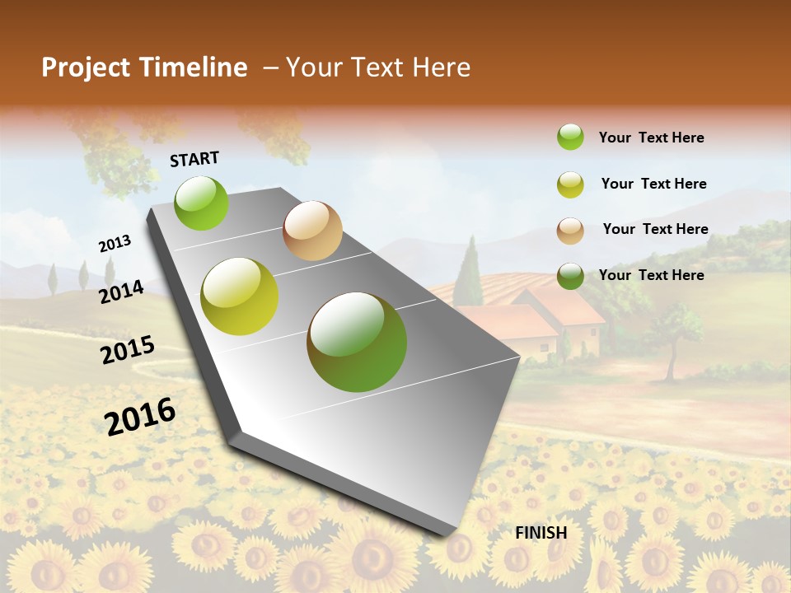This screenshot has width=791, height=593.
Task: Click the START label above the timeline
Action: (x=194, y=159)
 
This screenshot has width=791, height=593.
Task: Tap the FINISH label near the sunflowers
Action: (x=541, y=533)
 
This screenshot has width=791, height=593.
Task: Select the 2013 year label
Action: (x=115, y=243)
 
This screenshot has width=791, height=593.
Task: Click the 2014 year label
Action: (x=122, y=292)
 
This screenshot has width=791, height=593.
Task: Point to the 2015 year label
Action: (x=128, y=349)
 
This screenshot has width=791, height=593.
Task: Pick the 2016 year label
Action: (x=140, y=416)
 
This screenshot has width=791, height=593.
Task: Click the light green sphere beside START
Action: (x=202, y=203)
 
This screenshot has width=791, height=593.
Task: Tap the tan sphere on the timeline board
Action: (x=312, y=231)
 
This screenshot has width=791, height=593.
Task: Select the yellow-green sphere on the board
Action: (x=240, y=296)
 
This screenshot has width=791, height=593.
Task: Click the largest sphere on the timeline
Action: (x=357, y=342)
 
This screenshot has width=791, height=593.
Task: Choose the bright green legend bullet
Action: (x=570, y=137)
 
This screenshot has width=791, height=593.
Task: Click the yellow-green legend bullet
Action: (x=570, y=184)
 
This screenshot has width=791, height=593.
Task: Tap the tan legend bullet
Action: (x=570, y=231)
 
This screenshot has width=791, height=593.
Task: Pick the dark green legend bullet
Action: (x=570, y=276)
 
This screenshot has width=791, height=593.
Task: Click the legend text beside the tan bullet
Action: (x=655, y=229)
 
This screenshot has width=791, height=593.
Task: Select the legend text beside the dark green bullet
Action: (x=651, y=275)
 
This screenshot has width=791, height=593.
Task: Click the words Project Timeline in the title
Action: (x=144, y=68)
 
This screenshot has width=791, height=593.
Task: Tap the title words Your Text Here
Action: (x=377, y=68)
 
